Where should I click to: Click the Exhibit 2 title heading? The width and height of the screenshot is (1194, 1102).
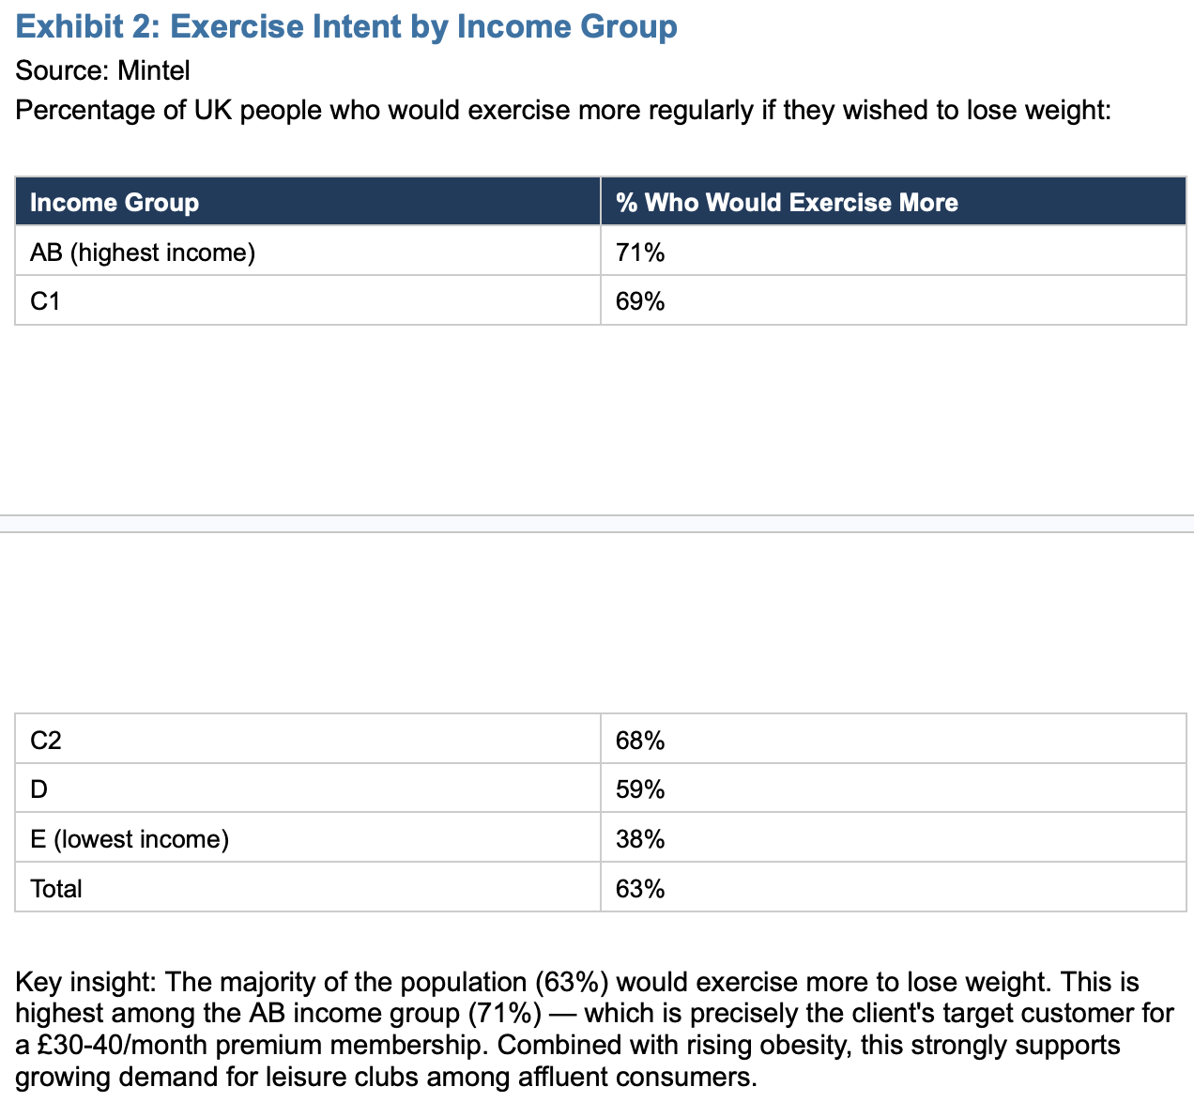[346, 27]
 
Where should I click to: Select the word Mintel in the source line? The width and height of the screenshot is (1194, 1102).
[153, 70]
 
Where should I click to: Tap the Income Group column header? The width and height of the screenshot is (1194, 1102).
[115, 202]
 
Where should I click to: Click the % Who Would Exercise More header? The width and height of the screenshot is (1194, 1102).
[787, 202]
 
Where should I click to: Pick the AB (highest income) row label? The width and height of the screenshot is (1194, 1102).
[143, 253]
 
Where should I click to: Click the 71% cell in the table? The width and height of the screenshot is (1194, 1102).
[639, 253]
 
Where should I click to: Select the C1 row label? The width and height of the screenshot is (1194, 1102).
[45, 301]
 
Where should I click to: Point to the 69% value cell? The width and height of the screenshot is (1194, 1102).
[639, 301]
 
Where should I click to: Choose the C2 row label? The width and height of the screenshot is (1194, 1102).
[46, 740]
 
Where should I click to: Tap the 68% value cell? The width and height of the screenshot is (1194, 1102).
[639, 740]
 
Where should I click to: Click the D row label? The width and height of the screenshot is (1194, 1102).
[38, 788]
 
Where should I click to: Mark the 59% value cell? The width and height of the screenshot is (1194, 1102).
[639, 788]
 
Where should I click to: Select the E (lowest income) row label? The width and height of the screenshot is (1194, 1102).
[130, 838]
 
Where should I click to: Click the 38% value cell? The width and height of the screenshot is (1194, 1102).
[639, 838]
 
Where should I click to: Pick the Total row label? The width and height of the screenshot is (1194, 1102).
[56, 888]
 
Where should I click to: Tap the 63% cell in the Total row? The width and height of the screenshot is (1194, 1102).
[639, 888]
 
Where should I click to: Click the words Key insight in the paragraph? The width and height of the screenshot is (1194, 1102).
[85, 982]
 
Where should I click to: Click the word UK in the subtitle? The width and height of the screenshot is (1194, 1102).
[213, 110]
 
